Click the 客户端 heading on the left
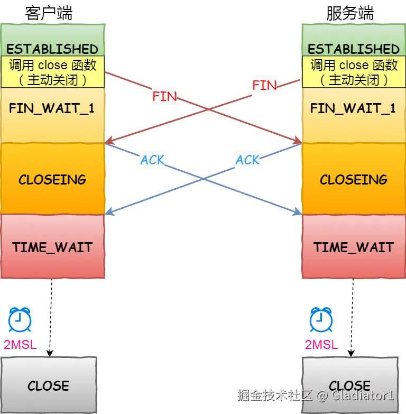[49, 13]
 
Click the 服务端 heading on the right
[349, 13]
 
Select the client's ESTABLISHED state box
[52, 49]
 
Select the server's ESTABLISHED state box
[354, 49]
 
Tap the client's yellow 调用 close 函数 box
[52, 72]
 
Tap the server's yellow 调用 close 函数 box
[354, 72]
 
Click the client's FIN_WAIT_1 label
[52, 108]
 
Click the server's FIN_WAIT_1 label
[353, 108]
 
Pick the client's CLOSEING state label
[52, 180]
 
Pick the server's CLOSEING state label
[354, 180]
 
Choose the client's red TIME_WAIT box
[52, 247]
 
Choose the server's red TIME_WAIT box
[354, 247]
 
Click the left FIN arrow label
[164, 97]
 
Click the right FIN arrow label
[264, 85]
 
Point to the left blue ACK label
[152, 160]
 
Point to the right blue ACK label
[248, 160]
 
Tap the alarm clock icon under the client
[20, 320]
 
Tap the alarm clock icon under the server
[321, 320]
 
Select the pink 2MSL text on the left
[20, 345]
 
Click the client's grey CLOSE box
[49, 385]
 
